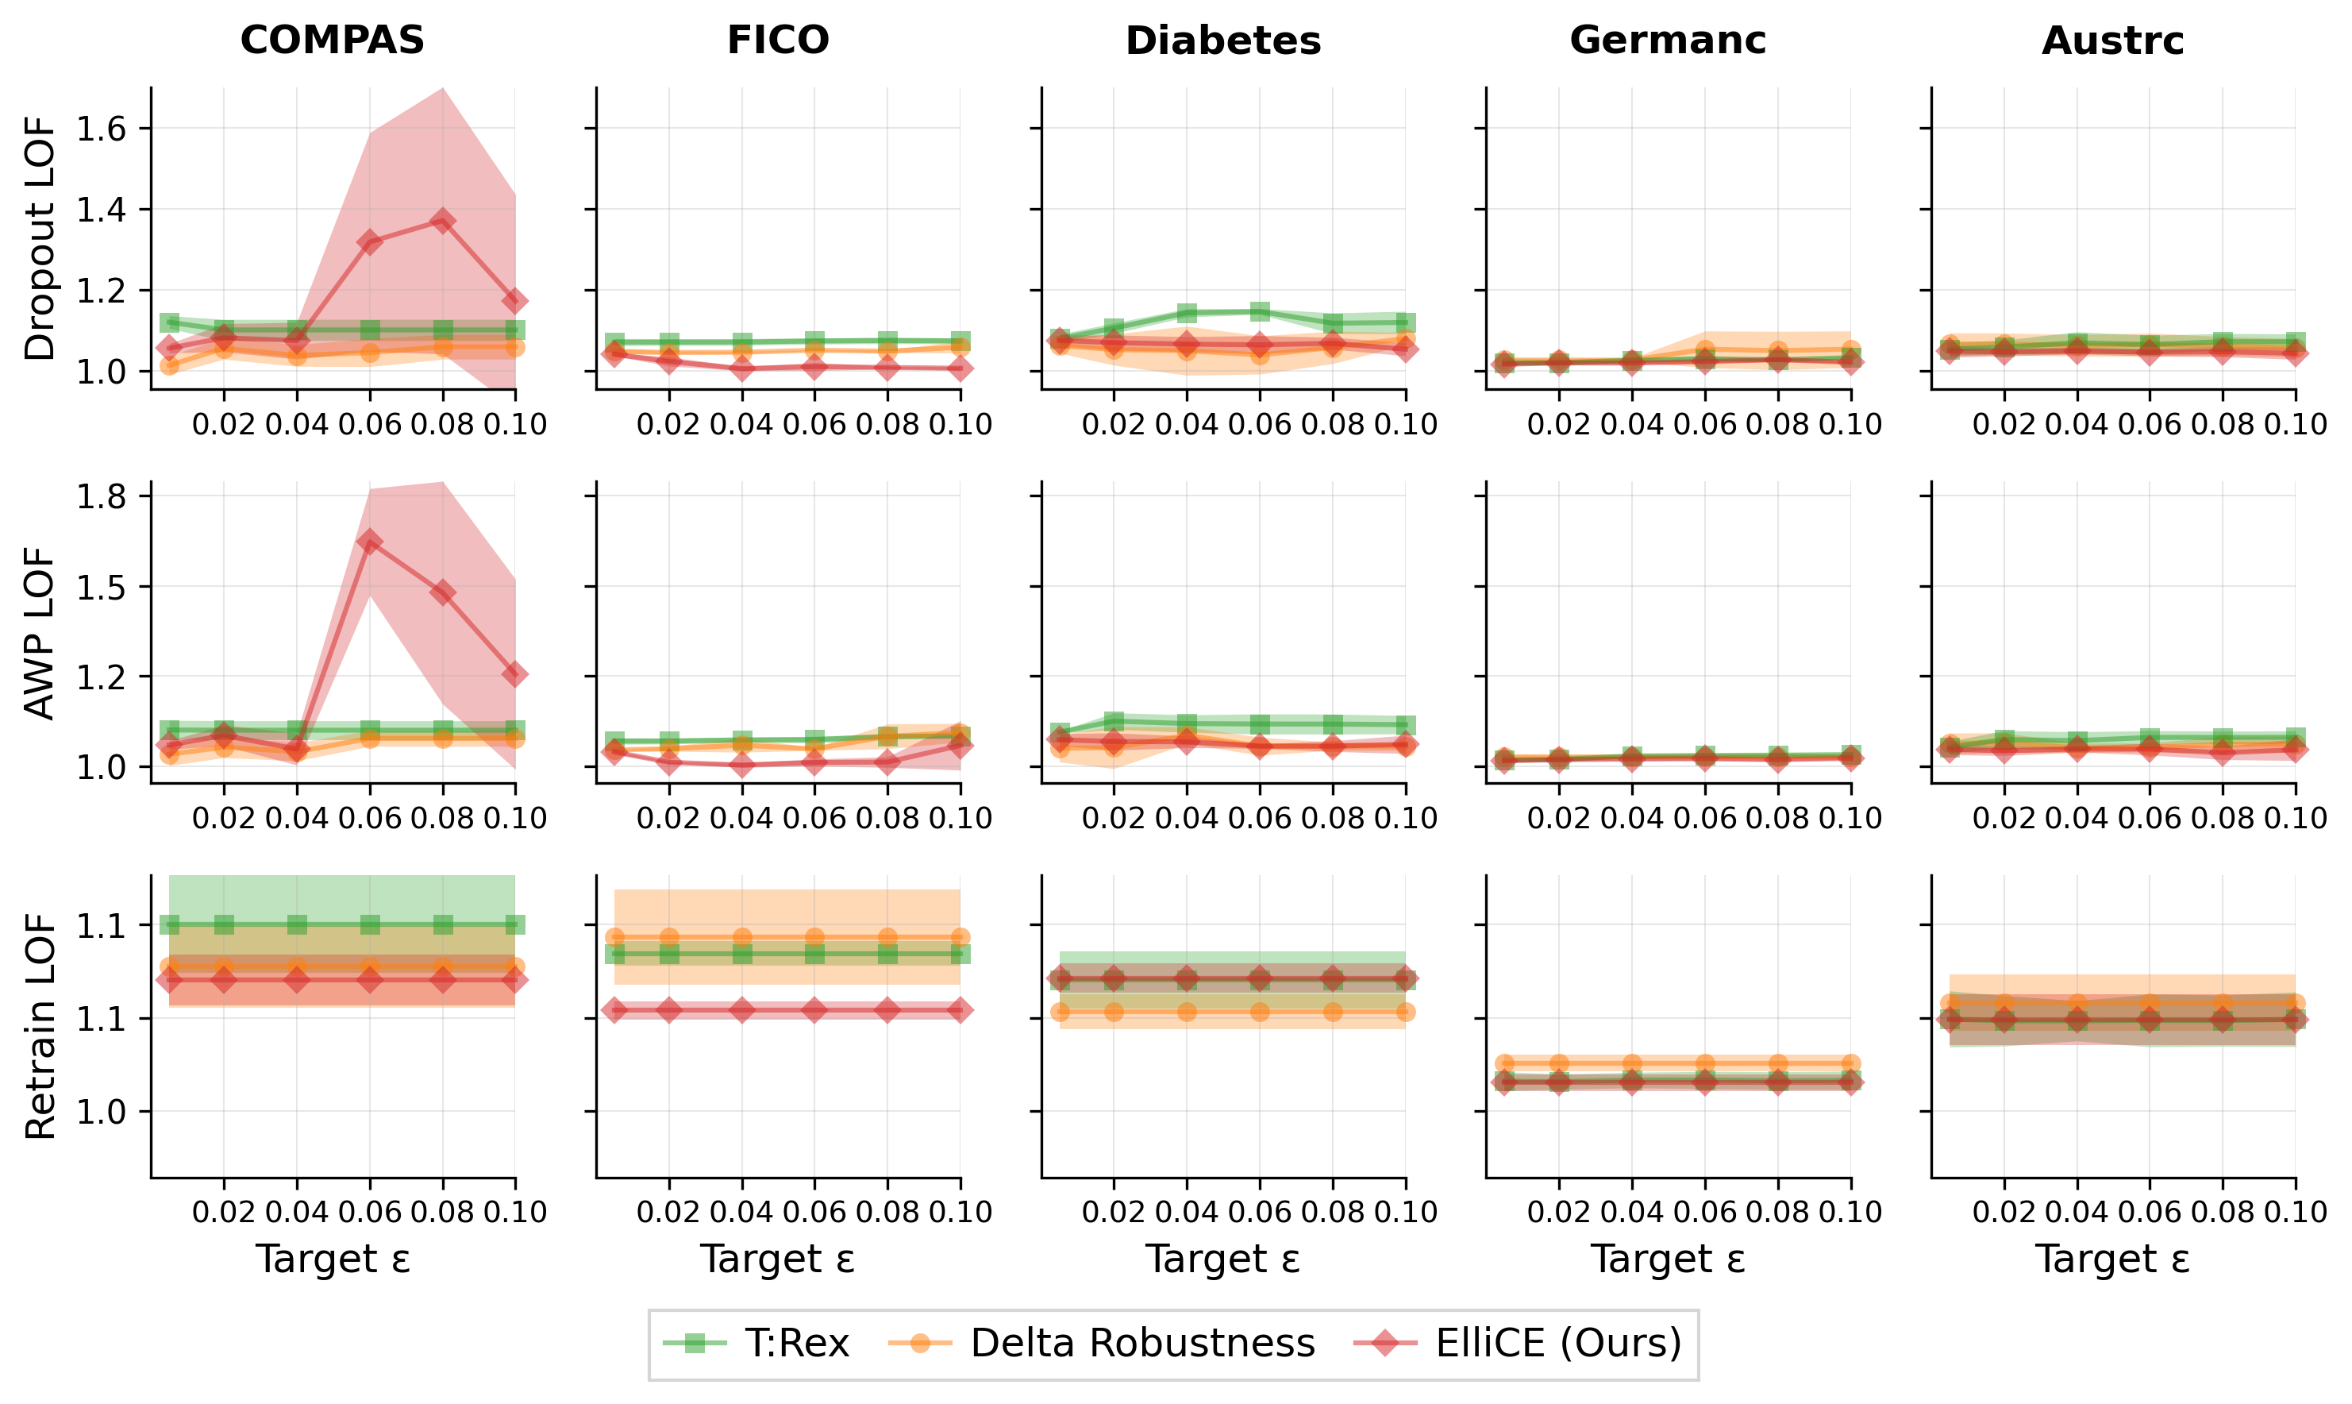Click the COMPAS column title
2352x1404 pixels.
[x=332, y=40]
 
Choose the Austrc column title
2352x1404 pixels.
[x=2113, y=40]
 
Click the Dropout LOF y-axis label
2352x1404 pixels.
[x=40, y=238]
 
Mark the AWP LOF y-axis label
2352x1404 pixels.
[x=40, y=633]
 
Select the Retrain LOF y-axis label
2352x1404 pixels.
[x=40, y=1027]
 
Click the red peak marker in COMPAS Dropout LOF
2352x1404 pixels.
[x=443, y=222]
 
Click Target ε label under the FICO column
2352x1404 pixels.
[x=777, y=1259]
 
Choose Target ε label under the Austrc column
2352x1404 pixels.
[x=2113, y=1259]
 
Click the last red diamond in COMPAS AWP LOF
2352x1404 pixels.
[x=515, y=674]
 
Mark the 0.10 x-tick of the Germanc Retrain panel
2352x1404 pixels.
[x=1851, y=1212]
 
